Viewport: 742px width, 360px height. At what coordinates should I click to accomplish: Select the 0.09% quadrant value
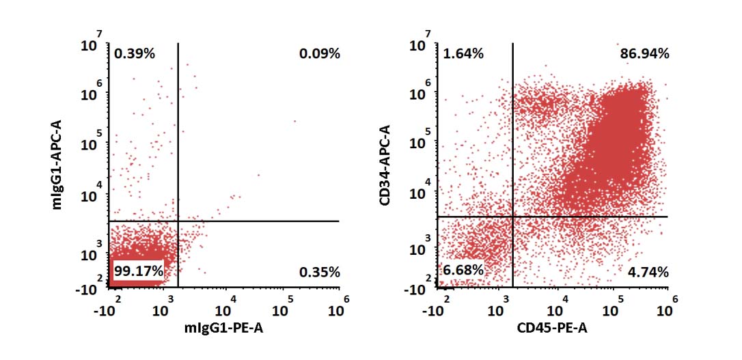click(x=319, y=53)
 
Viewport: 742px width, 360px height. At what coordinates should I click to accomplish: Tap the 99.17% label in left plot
click(x=139, y=271)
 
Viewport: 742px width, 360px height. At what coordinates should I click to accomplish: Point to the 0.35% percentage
click(x=319, y=272)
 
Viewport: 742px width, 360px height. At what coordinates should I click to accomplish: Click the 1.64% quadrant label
click(x=463, y=53)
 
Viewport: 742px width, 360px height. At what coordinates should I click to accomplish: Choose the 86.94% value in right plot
click(x=644, y=53)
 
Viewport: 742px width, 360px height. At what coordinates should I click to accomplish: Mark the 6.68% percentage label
click(x=463, y=271)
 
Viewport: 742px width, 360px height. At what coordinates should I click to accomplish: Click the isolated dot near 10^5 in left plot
click(x=295, y=122)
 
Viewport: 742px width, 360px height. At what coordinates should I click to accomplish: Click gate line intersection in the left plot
click(x=178, y=221)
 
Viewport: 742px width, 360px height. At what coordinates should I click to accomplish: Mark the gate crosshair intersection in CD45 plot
click(x=512, y=217)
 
